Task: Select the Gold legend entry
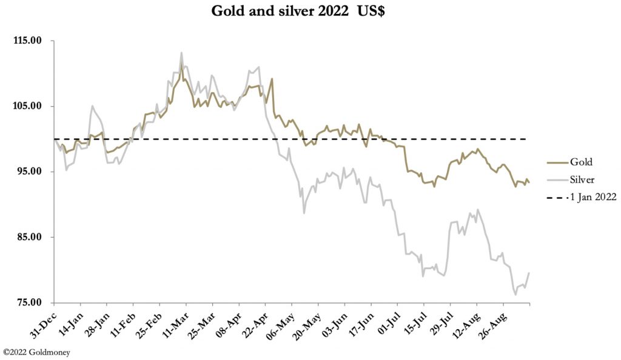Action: (580, 162)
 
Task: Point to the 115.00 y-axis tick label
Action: (27, 41)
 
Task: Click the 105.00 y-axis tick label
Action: (27, 106)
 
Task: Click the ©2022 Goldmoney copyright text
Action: (36, 352)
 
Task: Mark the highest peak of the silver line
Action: (181, 53)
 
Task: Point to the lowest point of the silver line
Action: (515, 295)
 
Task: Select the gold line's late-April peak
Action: (272, 78)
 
